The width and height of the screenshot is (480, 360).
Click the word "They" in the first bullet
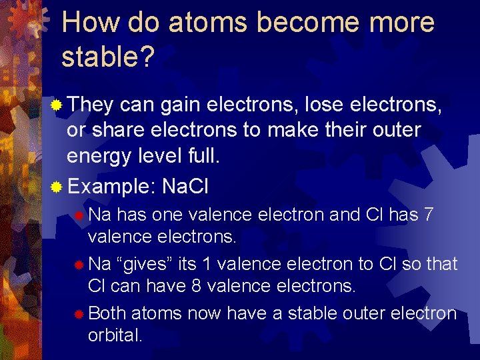(x=91, y=105)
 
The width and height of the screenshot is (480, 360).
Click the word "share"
(x=115, y=130)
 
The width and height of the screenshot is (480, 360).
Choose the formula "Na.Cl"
(x=185, y=186)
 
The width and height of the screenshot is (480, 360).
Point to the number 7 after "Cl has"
(x=429, y=215)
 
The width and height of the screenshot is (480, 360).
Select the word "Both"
(x=107, y=313)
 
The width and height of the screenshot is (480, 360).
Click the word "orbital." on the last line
(x=115, y=335)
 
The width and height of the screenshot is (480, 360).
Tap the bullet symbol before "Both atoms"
(x=79, y=313)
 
